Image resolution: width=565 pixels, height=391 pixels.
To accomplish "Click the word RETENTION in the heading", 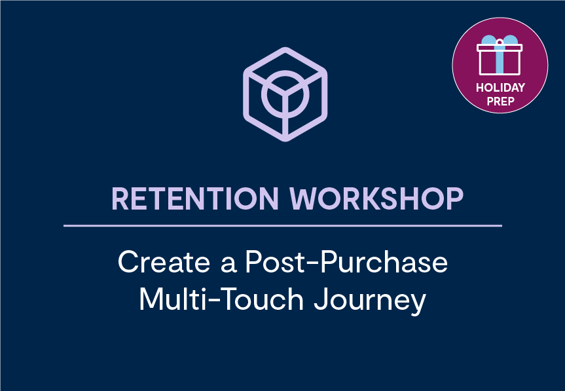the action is pos(195,198).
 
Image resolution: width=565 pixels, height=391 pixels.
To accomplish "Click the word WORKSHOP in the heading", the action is pos(376,198).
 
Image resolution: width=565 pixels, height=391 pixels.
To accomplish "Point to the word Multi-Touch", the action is pos(221,299).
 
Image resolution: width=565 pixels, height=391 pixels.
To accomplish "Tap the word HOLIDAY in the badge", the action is pos(500,88).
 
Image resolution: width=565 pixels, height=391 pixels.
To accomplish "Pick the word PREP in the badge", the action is pos(500,102).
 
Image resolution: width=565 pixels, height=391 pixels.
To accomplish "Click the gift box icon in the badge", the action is pos(500,55).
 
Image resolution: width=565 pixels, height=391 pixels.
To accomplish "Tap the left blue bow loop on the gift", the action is pos(489,40).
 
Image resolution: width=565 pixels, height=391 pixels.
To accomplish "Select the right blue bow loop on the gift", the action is pos(510,40).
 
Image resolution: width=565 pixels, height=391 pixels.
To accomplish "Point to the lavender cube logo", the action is pos(285,94).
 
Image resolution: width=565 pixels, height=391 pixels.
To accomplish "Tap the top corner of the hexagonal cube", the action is pos(285,48).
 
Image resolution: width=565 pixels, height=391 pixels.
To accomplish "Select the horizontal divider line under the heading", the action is pos(283,226).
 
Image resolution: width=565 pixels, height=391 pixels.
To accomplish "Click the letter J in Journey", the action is pos(321,299).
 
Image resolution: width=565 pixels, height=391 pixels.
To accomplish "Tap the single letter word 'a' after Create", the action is pos(228,265).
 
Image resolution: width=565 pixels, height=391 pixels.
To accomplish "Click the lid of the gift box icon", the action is pos(500,48).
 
